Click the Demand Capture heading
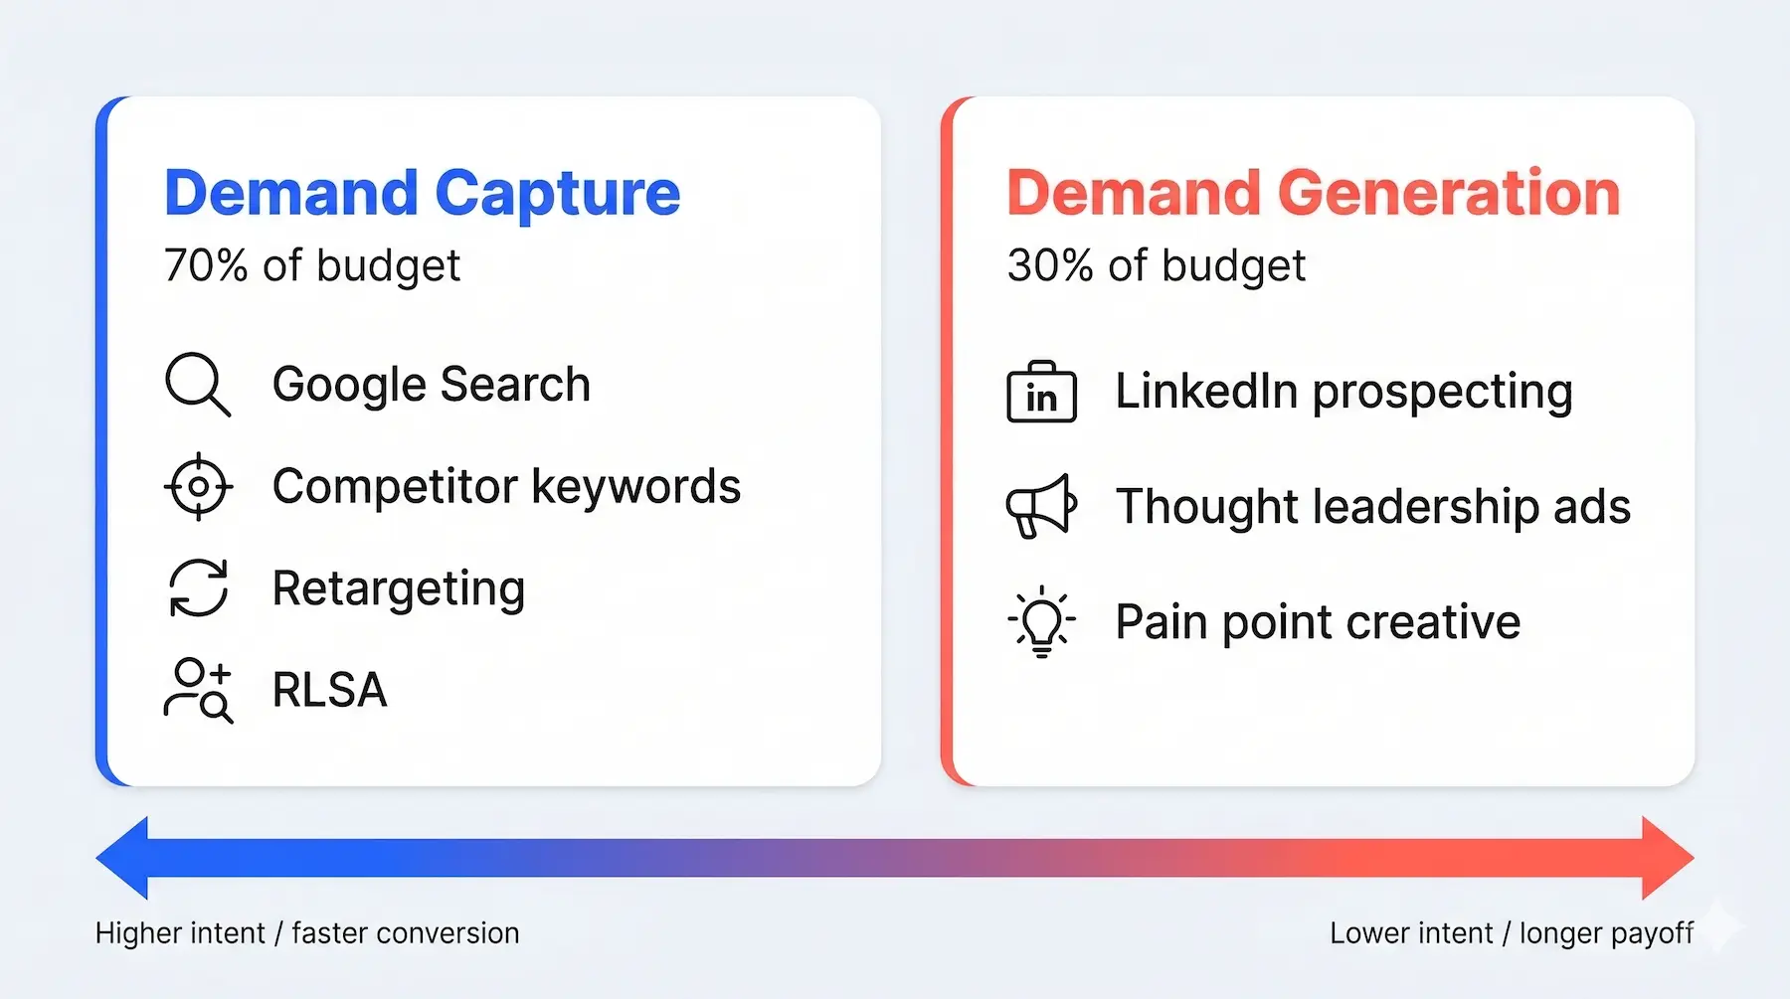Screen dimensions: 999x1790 [x=422, y=193]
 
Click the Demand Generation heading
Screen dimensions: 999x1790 [x=1313, y=193]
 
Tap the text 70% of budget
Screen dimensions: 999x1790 [x=311, y=266]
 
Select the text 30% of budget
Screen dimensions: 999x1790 [x=1156, y=266]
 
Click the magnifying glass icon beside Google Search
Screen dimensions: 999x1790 [x=197, y=384]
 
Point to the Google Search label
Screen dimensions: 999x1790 [x=431, y=385]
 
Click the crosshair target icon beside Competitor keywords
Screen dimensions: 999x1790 [x=198, y=486]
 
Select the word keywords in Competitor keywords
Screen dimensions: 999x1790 [x=635, y=487]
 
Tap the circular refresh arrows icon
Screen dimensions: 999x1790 [x=198, y=587]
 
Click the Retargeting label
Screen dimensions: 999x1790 [x=398, y=588]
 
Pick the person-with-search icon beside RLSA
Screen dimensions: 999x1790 [x=198, y=690]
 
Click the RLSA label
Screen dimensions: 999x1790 [x=329, y=690]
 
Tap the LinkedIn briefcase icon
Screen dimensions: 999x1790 [x=1041, y=394]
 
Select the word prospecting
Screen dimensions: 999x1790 [x=1442, y=393]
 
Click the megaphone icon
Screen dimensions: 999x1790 [x=1040, y=506]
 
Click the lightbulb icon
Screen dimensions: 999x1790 [x=1041, y=621]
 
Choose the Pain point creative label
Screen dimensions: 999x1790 [x=1318, y=623]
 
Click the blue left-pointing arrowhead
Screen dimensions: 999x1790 [x=124, y=858]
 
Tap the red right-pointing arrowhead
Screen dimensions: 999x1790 [x=1667, y=858]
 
